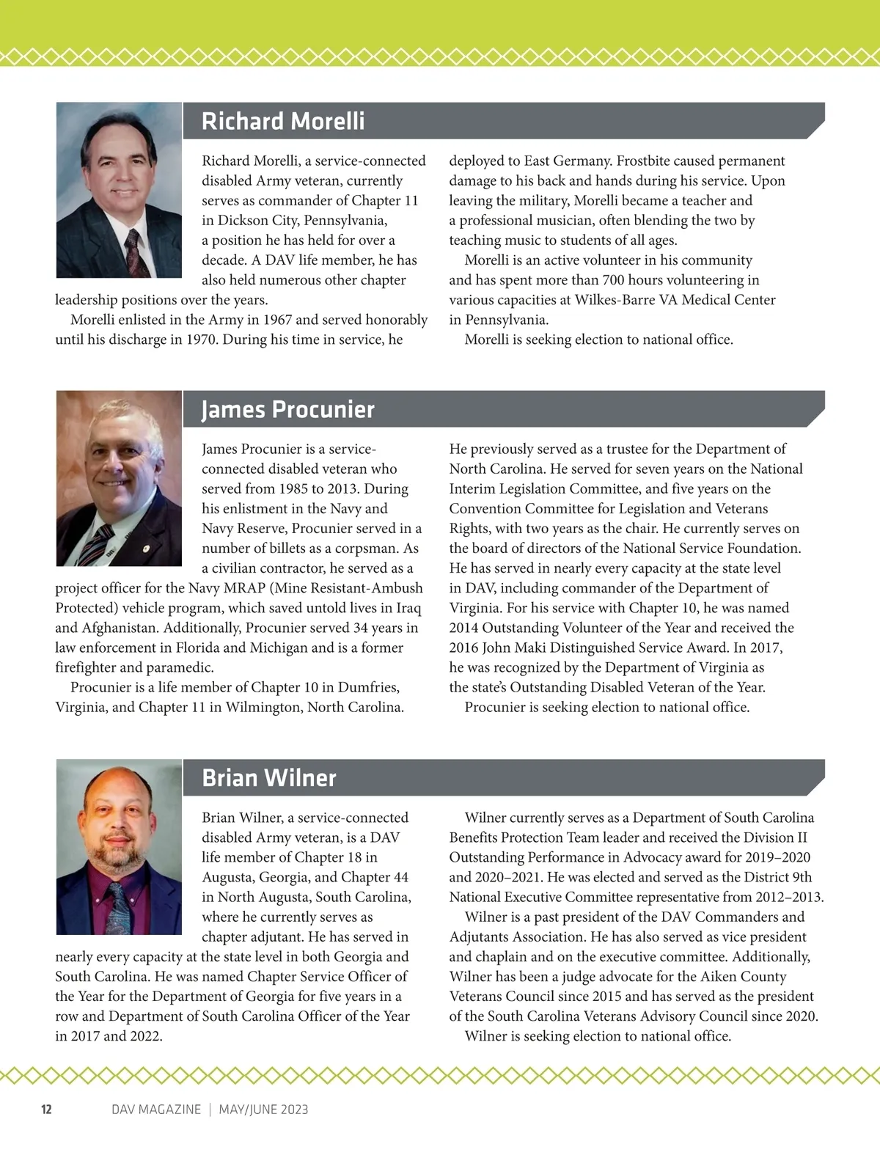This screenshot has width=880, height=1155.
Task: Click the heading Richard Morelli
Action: tap(283, 121)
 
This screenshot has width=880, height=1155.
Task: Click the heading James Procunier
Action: tap(288, 409)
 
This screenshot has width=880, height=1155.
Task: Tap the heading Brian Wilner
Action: tap(269, 778)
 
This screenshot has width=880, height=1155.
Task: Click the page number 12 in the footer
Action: tap(46, 1110)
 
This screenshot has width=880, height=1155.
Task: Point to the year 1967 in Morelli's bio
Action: tap(277, 320)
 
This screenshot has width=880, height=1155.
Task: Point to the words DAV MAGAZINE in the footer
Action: tap(156, 1110)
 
